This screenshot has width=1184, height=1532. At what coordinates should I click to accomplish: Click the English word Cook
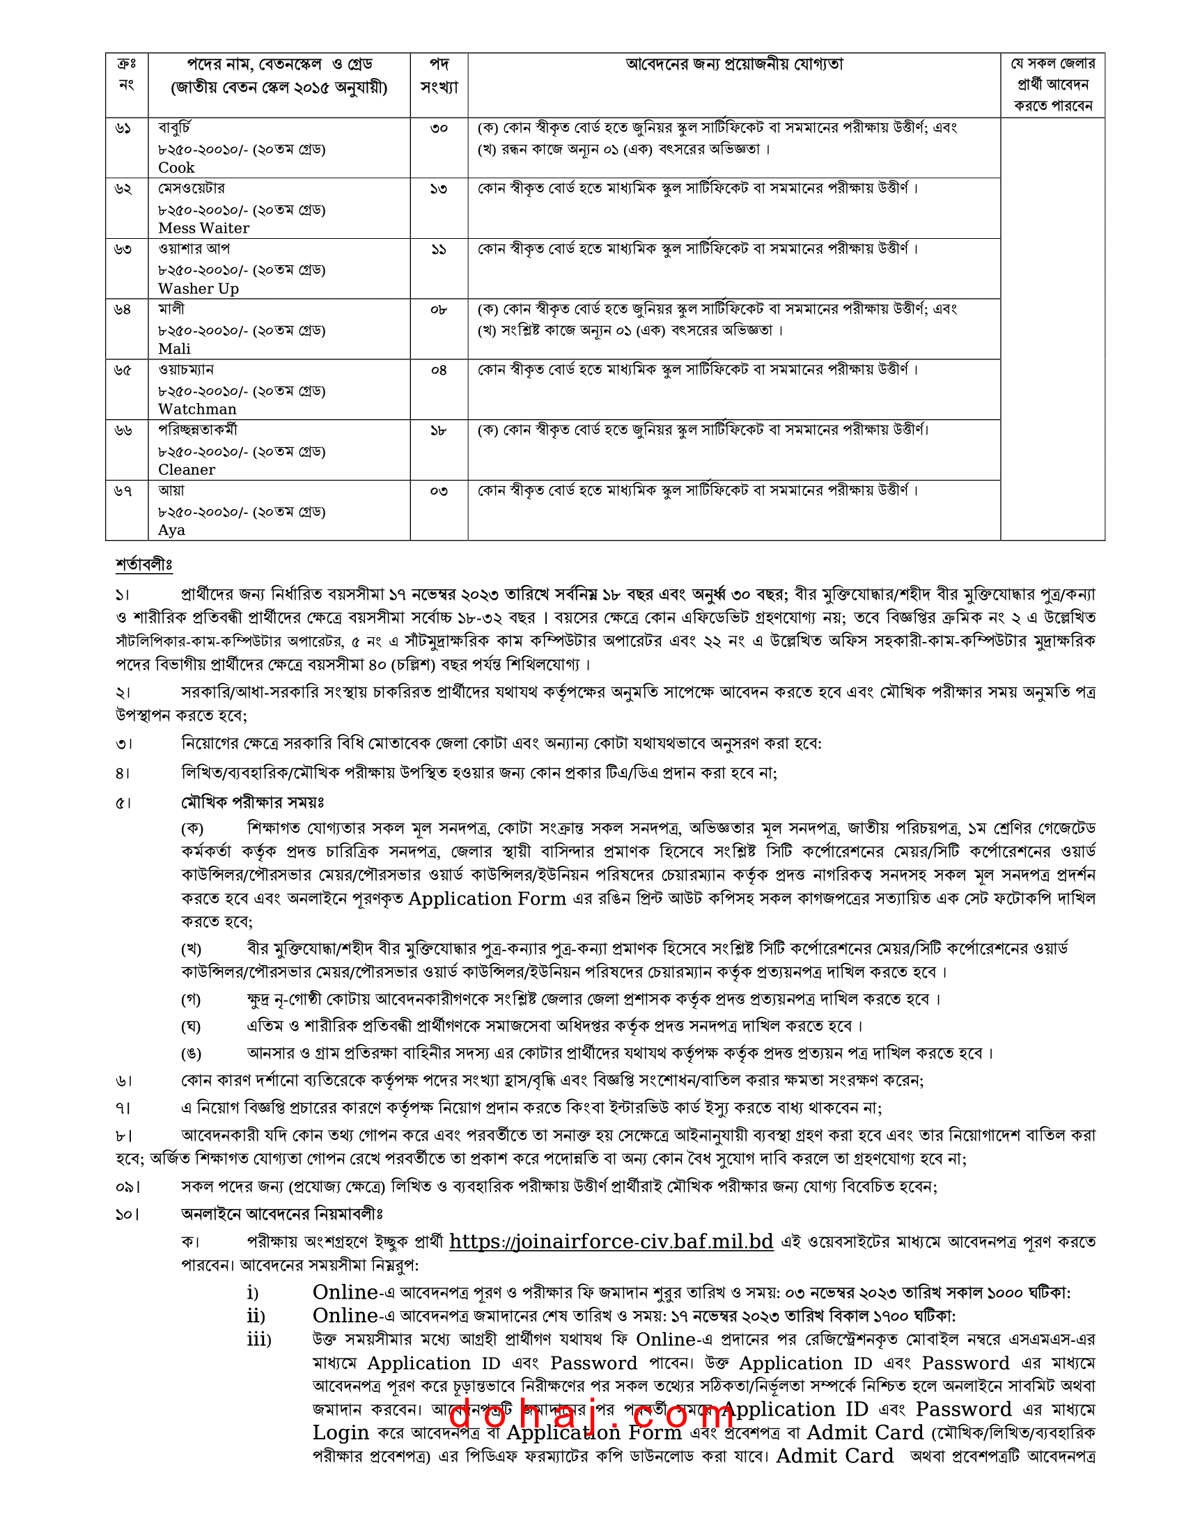(176, 168)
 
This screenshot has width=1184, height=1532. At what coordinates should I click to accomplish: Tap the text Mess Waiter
(203, 228)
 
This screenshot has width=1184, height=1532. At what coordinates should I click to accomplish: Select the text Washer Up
(198, 288)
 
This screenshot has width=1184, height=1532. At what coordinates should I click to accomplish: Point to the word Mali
(174, 349)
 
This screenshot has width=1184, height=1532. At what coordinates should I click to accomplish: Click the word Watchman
(197, 409)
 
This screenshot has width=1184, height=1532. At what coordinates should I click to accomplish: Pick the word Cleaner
(187, 469)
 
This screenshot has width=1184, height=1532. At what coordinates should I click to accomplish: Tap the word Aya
(171, 530)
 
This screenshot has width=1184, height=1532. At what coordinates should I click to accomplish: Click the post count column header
(439, 76)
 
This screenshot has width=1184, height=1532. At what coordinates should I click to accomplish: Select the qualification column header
(733, 65)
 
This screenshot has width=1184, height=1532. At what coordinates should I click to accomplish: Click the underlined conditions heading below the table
(143, 564)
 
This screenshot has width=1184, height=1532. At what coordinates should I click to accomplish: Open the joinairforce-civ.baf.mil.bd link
(611, 1242)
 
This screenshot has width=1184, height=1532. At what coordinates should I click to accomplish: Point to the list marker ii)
(256, 1316)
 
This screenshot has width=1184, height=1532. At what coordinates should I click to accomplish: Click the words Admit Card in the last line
(834, 1456)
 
